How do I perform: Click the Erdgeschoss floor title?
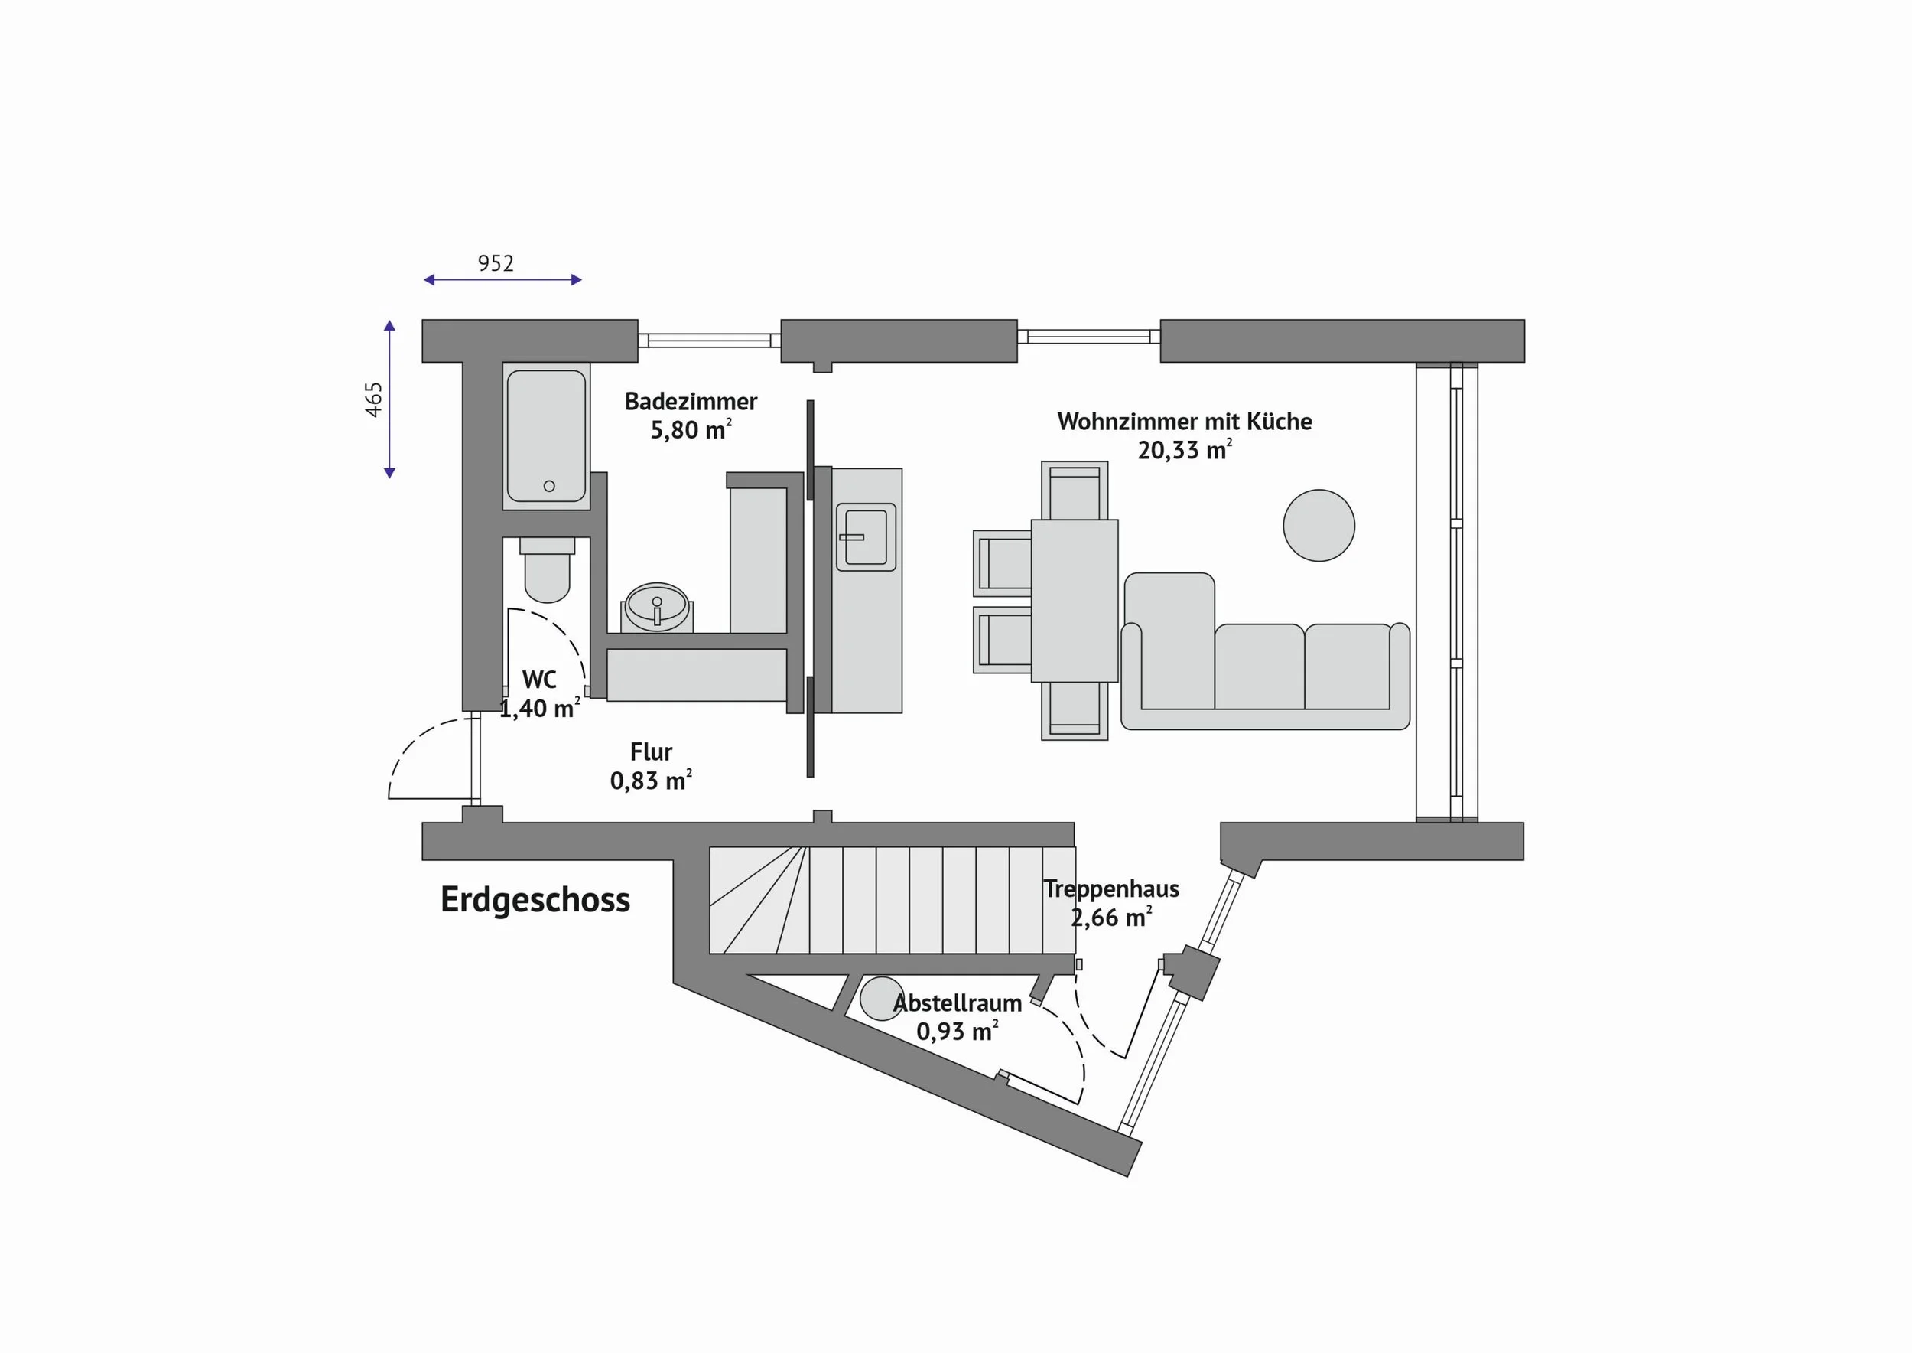coord(535,901)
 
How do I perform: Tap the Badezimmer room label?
coord(691,402)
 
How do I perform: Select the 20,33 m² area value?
coord(1184,450)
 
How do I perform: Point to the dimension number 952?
coord(496,263)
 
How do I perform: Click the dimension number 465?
coord(374,400)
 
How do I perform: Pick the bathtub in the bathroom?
coord(546,435)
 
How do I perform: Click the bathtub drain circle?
coord(549,486)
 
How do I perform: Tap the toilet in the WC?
coord(547,570)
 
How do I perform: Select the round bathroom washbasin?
coord(657,607)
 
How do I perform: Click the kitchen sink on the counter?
coord(866,536)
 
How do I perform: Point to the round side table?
coord(1319,525)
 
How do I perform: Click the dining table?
coord(1075,601)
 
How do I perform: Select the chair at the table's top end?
coord(1075,491)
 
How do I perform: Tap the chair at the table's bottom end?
coord(1075,711)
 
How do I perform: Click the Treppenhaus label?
coord(1111,889)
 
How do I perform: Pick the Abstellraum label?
coord(957,1003)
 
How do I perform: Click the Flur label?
coord(651,752)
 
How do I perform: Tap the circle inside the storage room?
coord(882,998)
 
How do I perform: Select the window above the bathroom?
coord(710,340)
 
